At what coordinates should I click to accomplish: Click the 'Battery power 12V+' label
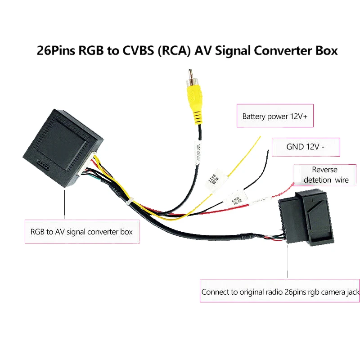click(274, 117)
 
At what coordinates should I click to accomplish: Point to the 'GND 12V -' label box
click(306, 147)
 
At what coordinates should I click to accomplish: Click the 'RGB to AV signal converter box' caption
click(81, 232)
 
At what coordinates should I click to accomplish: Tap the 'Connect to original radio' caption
click(280, 292)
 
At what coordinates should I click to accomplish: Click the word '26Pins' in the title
click(56, 50)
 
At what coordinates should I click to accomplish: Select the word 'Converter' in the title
click(283, 50)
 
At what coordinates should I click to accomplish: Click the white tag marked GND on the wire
click(236, 199)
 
